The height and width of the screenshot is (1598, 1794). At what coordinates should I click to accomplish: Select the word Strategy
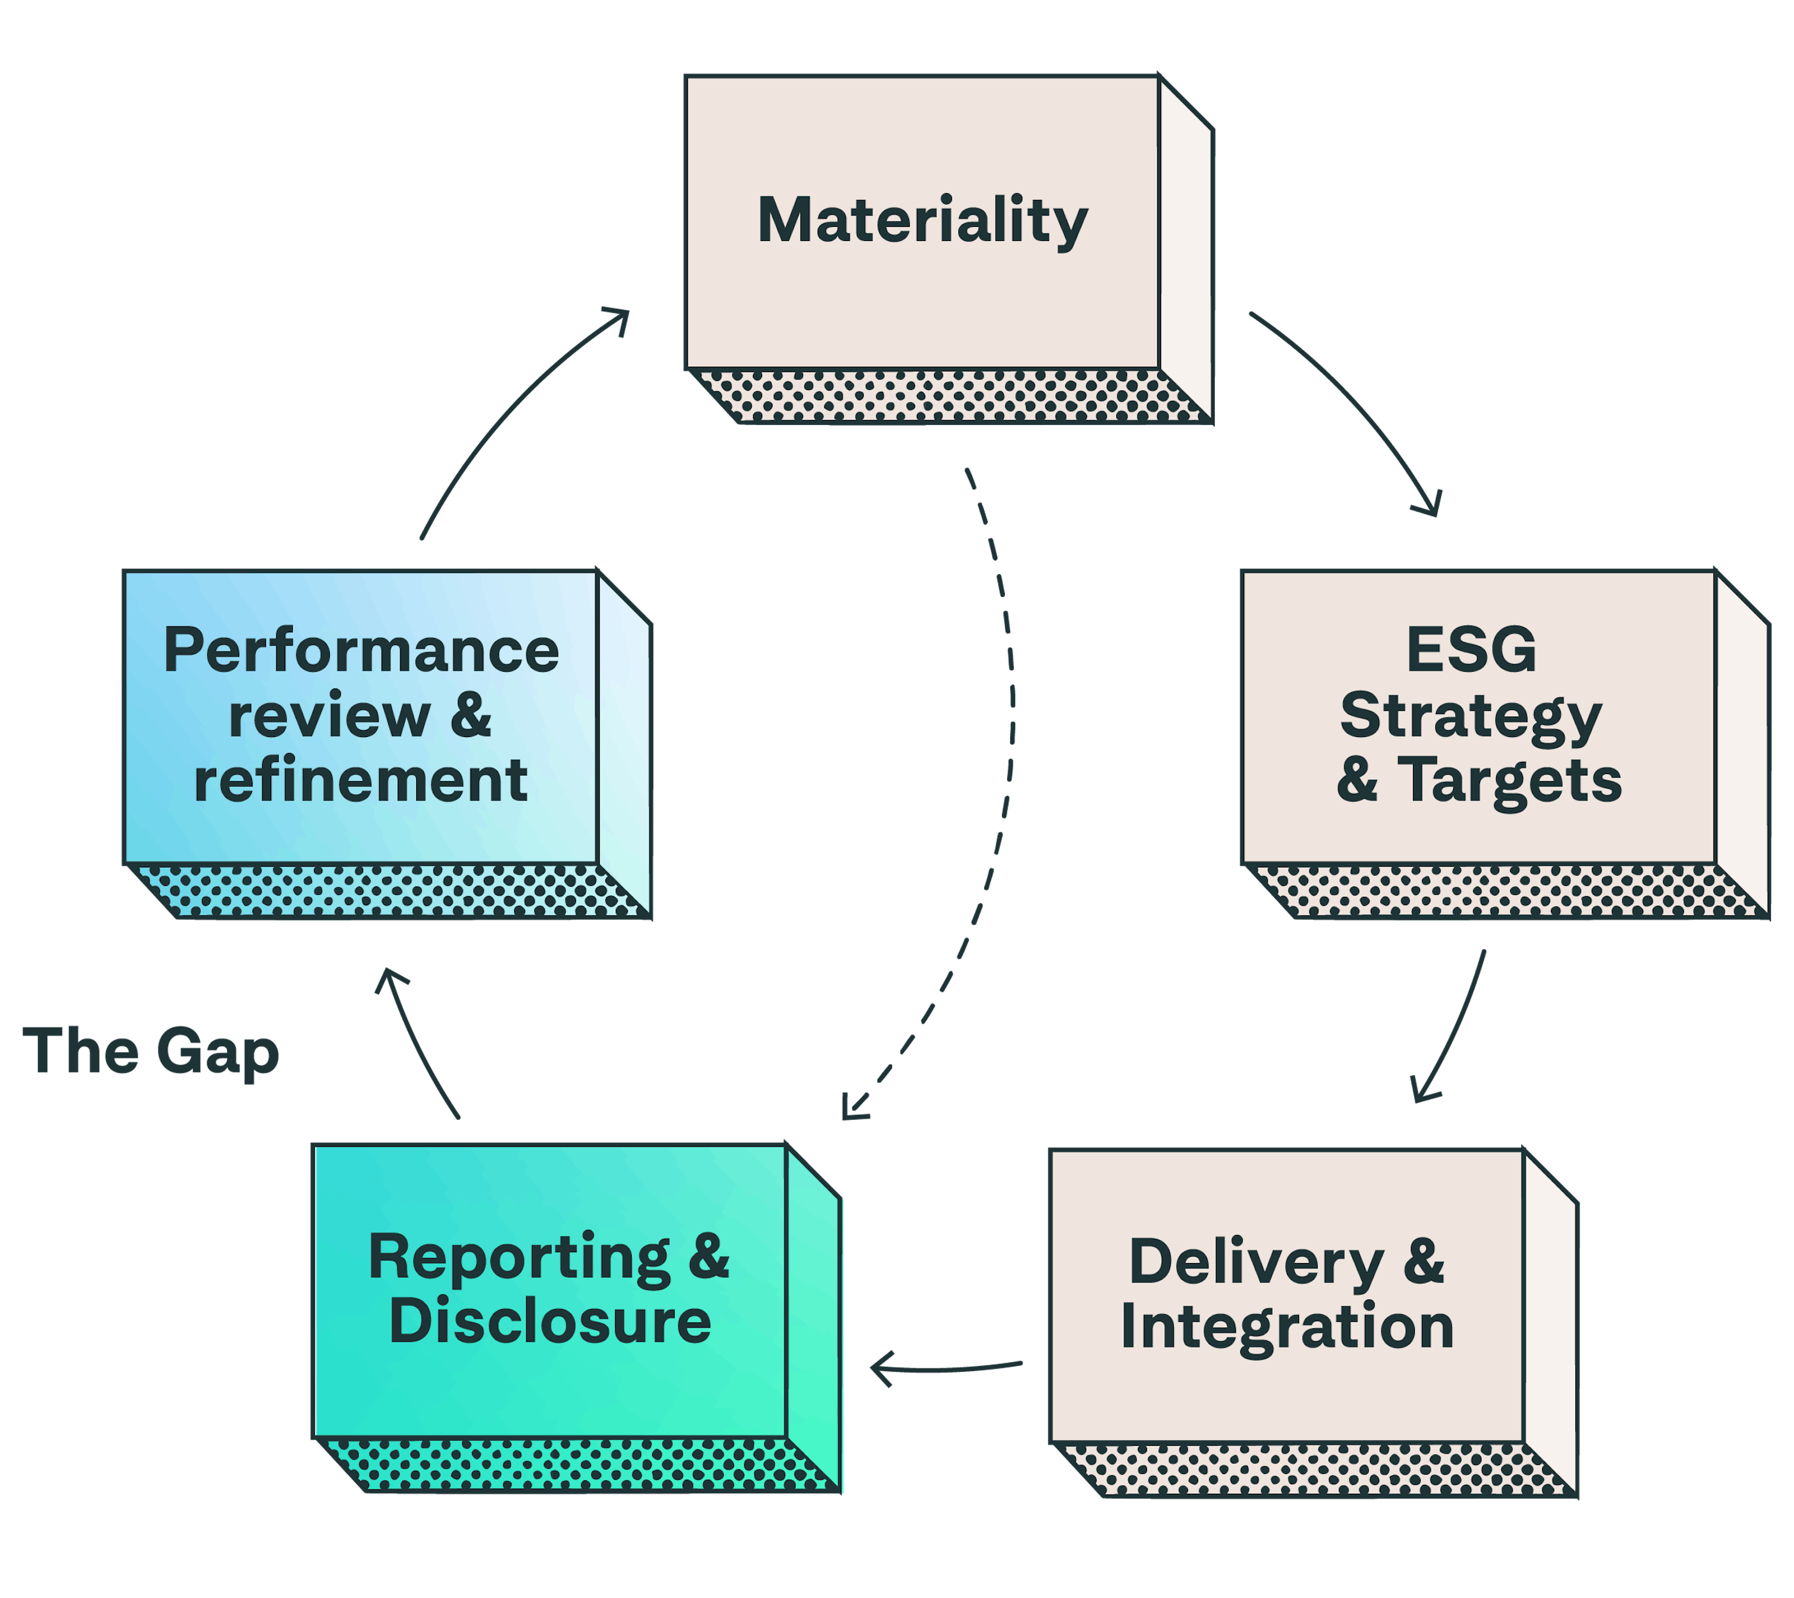pyautogui.click(x=1471, y=716)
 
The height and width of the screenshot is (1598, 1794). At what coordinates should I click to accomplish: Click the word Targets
pyautogui.click(x=1510, y=780)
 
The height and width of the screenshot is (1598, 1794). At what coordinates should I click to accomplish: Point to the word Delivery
pyautogui.click(x=1256, y=1262)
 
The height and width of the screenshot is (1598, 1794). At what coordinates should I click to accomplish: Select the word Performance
pyautogui.click(x=361, y=651)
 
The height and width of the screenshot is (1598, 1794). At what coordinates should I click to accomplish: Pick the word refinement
pyautogui.click(x=361, y=780)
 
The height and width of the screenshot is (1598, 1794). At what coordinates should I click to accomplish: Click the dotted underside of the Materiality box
pyautogui.click(x=948, y=395)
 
